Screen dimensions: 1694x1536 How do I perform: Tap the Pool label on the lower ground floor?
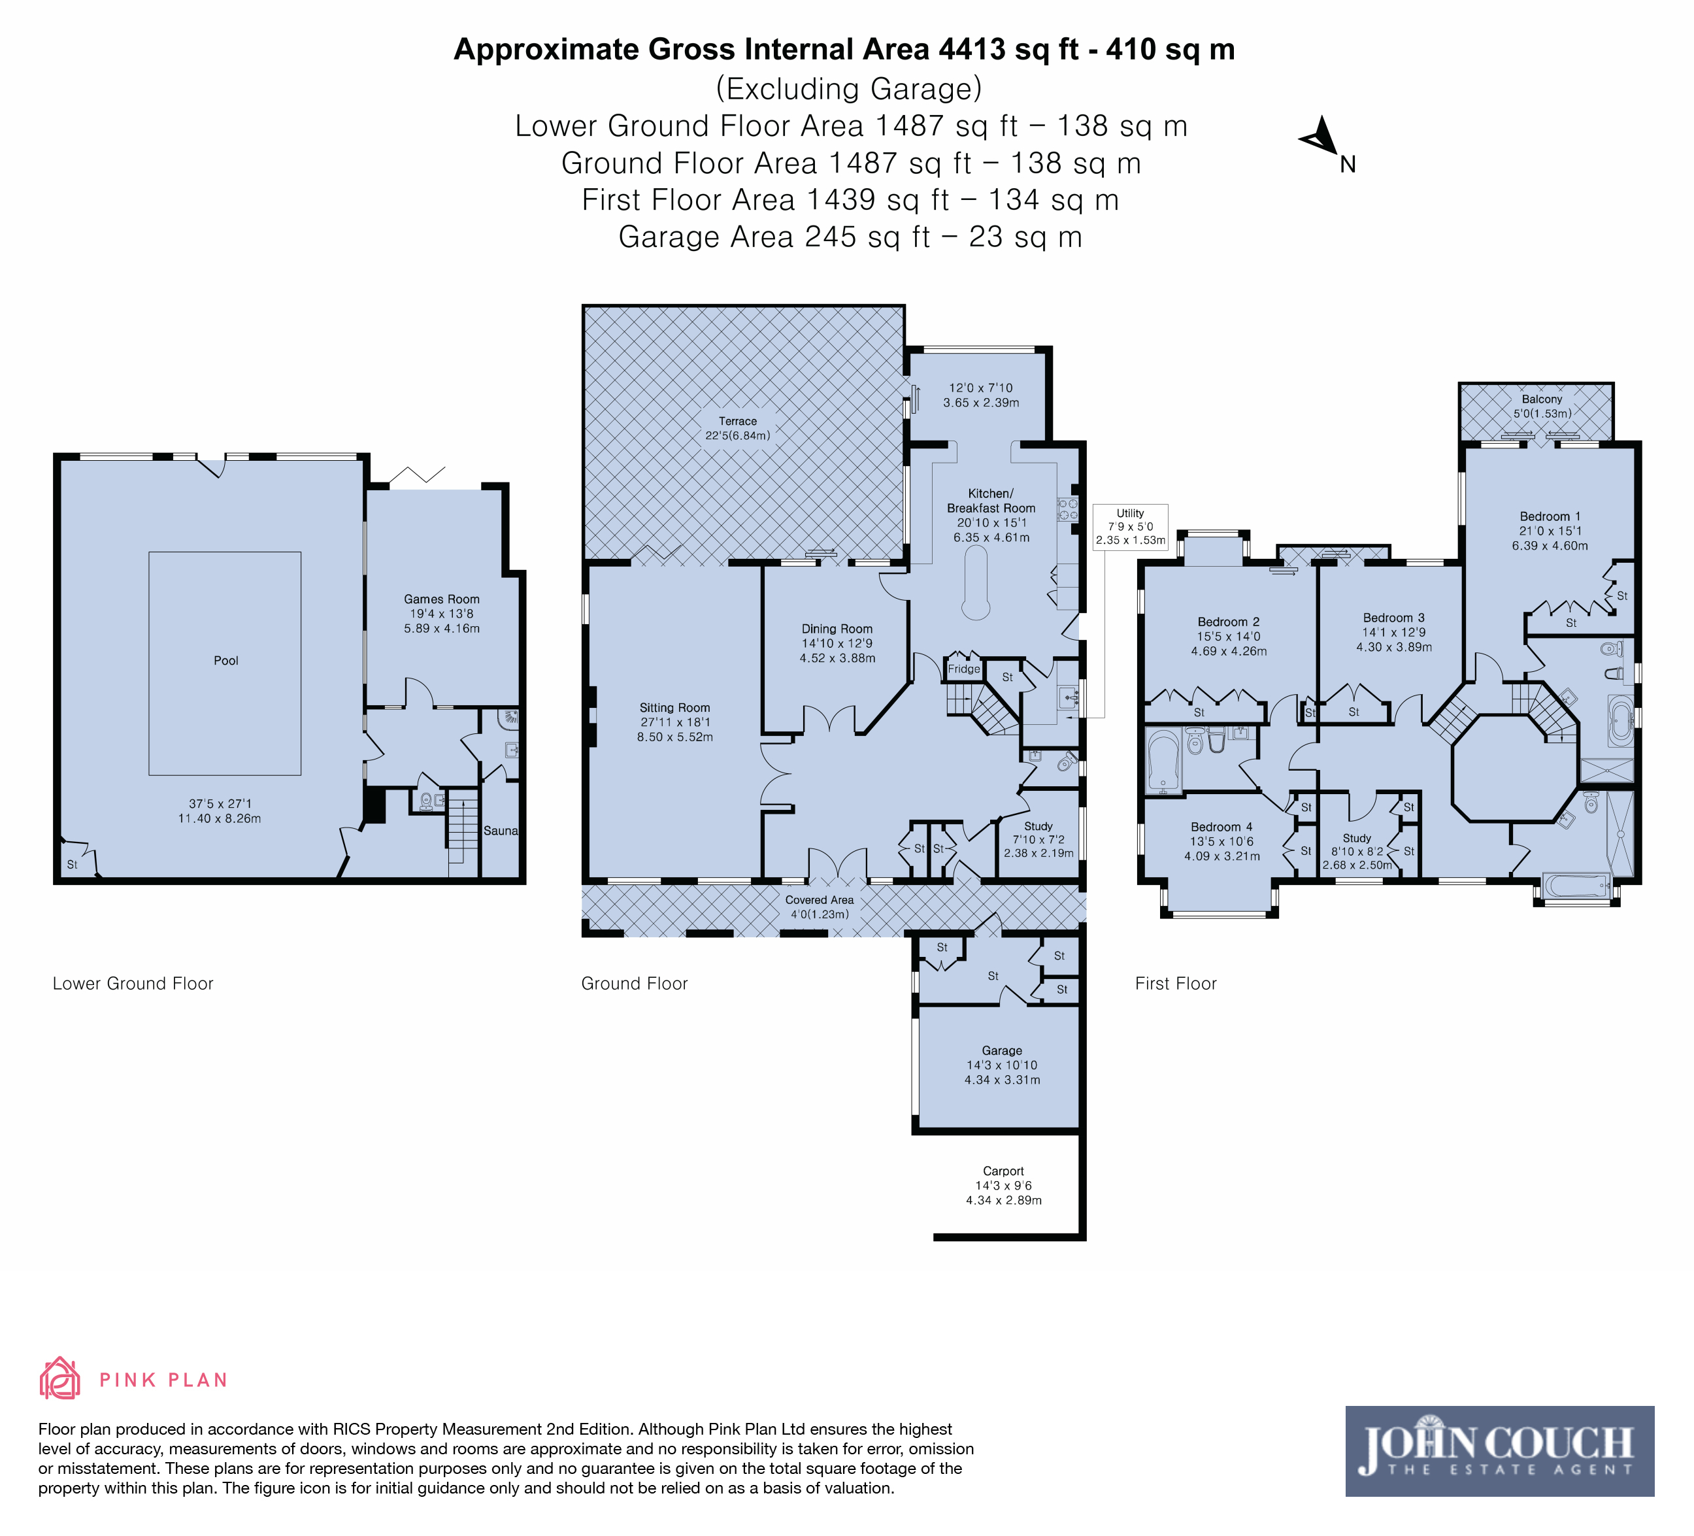click(226, 660)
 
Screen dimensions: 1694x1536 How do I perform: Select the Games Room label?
click(441, 599)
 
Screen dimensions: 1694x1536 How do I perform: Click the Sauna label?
click(501, 831)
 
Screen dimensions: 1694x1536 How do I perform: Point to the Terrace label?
click(738, 421)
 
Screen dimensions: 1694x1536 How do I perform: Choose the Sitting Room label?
click(674, 707)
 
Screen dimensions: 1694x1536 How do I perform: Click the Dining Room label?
click(837, 629)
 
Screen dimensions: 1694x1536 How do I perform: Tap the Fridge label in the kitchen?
click(964, 669)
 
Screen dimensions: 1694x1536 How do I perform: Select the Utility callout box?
click(1130, 527)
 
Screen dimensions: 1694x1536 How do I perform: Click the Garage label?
click(1003, 1050)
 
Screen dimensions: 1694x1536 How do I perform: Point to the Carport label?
click(1003, 1171)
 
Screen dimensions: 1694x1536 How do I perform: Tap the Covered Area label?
click(820, 900)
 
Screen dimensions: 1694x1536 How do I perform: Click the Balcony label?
click(1542, 399)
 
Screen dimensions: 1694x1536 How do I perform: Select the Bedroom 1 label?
click(1550, 516)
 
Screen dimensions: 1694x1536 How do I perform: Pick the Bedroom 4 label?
click(1221, 827)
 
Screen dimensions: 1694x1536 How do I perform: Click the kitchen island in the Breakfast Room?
click(976, 583)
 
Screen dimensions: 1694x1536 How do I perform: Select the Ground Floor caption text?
click(635, 983)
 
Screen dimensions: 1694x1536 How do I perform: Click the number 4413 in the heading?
click(972, 50)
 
